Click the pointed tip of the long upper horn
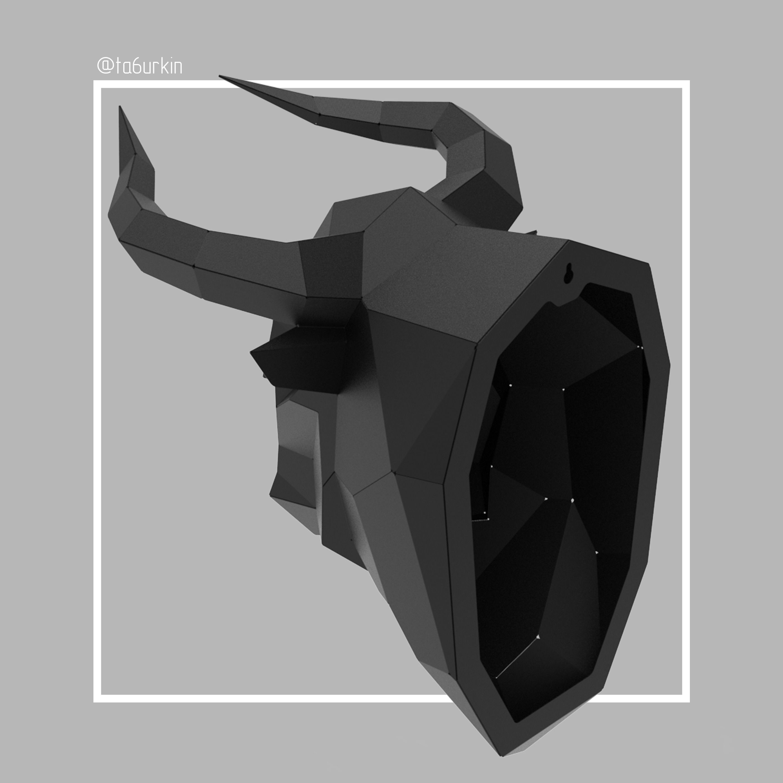(x=220, y=76)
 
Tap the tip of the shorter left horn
(x=120, y=107)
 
